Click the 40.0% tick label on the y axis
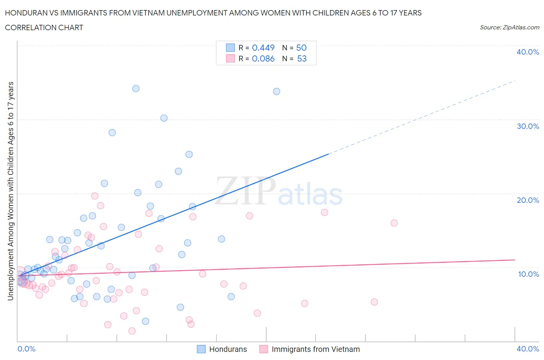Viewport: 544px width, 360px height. tap(527, 52)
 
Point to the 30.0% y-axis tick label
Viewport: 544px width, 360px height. tap(527, 126)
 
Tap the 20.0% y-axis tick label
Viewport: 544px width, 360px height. tap(527, 200)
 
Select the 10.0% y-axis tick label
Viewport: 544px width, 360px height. tap(528, 274)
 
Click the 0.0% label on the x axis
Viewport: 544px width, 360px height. tap(26, 349)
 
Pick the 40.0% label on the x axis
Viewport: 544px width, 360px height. tap(527, 349)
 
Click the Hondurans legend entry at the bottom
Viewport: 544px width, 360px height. tap(222, 349)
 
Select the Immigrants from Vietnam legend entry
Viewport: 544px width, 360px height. tap(310, 349)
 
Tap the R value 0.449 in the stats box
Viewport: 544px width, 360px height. tap(263, 48)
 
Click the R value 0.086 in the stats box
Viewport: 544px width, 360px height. tap(263, 58)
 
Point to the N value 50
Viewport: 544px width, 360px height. tap(301, 48)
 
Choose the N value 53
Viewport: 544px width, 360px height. tap(301, 58)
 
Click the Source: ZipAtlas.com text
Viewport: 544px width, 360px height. tap(509, 27)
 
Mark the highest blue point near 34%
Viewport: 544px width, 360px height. tap(136, 88)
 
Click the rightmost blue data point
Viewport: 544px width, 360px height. tap(277, 91)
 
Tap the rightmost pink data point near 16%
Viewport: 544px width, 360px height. tap(394, 223)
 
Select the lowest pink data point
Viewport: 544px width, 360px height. tap(132, 331)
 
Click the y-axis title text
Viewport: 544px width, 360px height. tap(10, 191)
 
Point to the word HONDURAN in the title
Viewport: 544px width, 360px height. tap(25, 13)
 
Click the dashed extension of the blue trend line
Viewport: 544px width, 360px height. tap(422, 117)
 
